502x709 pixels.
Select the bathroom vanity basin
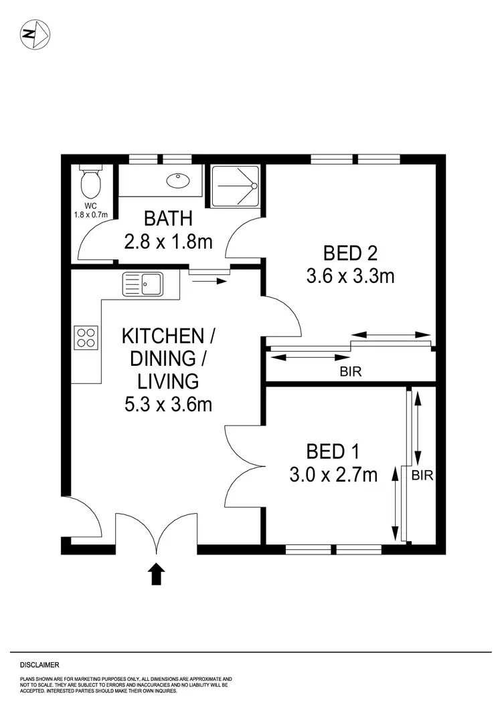[x=179, y=180]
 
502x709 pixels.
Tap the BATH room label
[x=168, y=219]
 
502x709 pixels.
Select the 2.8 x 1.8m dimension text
[x=168, y=241]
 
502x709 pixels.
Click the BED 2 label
[x=350, y=253]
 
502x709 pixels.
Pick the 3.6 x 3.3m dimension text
[x=350, y=276]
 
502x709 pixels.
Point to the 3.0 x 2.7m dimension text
[x=333, y=475]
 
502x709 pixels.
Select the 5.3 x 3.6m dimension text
[x=168, y=404]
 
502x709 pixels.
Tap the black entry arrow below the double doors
[x=157, y=573]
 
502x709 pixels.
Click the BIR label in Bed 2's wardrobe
[x=351, y=372]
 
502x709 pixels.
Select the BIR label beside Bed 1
[x=422, y=476]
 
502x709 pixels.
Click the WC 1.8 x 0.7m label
[x=90, y=211]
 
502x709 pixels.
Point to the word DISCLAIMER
[x=39, y=665]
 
